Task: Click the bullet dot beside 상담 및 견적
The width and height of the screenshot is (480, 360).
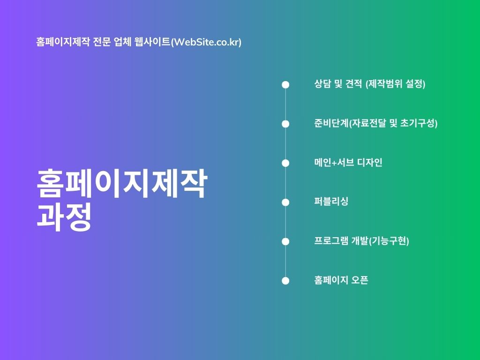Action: pos(285,84)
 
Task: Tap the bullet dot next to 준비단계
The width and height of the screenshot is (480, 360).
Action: pos(285,124)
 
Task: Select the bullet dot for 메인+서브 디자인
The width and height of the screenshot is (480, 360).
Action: pos(285,163)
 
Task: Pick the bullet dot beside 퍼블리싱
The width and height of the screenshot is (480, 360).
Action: pos(285,202)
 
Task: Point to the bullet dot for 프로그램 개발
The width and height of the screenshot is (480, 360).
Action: pos(285,241)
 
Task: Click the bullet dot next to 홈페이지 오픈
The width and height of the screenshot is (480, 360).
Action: pos(285,281)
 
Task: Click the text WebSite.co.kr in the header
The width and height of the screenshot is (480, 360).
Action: pos(206,42)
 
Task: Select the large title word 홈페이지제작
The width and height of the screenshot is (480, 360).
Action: pos(122,183)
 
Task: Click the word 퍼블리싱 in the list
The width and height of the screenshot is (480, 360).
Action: pos(331,202)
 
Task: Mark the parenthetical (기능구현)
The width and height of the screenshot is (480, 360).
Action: pos(389,241)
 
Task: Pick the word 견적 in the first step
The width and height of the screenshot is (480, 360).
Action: pos(354,83)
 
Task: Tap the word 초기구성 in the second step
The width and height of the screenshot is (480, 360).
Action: pos(418,123)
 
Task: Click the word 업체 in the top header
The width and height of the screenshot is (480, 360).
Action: pos(123,42)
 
